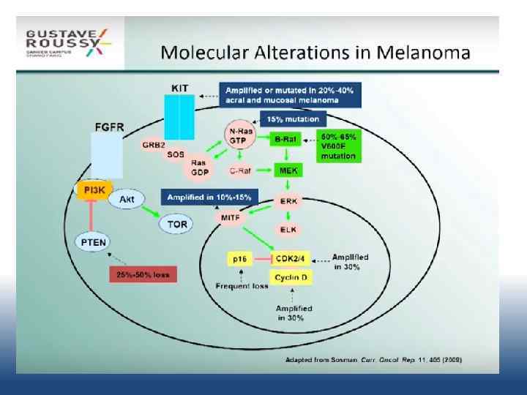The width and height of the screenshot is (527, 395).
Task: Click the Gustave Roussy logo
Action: [x=68, y=41]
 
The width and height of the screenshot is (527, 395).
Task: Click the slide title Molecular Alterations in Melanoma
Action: [x=315, y=53]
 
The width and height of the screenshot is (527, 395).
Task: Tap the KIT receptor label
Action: [x=179, y=89]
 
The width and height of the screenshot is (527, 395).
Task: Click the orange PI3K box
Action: [x=93, y=190]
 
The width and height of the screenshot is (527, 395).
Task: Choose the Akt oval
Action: [x=126, y=199]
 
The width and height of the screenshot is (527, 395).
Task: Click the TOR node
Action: [x=176, y=224]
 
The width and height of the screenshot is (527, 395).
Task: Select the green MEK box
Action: [x=286, y=170]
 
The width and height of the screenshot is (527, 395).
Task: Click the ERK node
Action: [x=287, y=201]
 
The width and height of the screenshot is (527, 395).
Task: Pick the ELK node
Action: [x=287, y=229]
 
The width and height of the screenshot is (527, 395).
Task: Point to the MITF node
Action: [x=228, y=218]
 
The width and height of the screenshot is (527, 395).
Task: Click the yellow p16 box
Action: [x=239, y=259]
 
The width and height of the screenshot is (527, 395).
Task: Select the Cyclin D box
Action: [x=292, y=277]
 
